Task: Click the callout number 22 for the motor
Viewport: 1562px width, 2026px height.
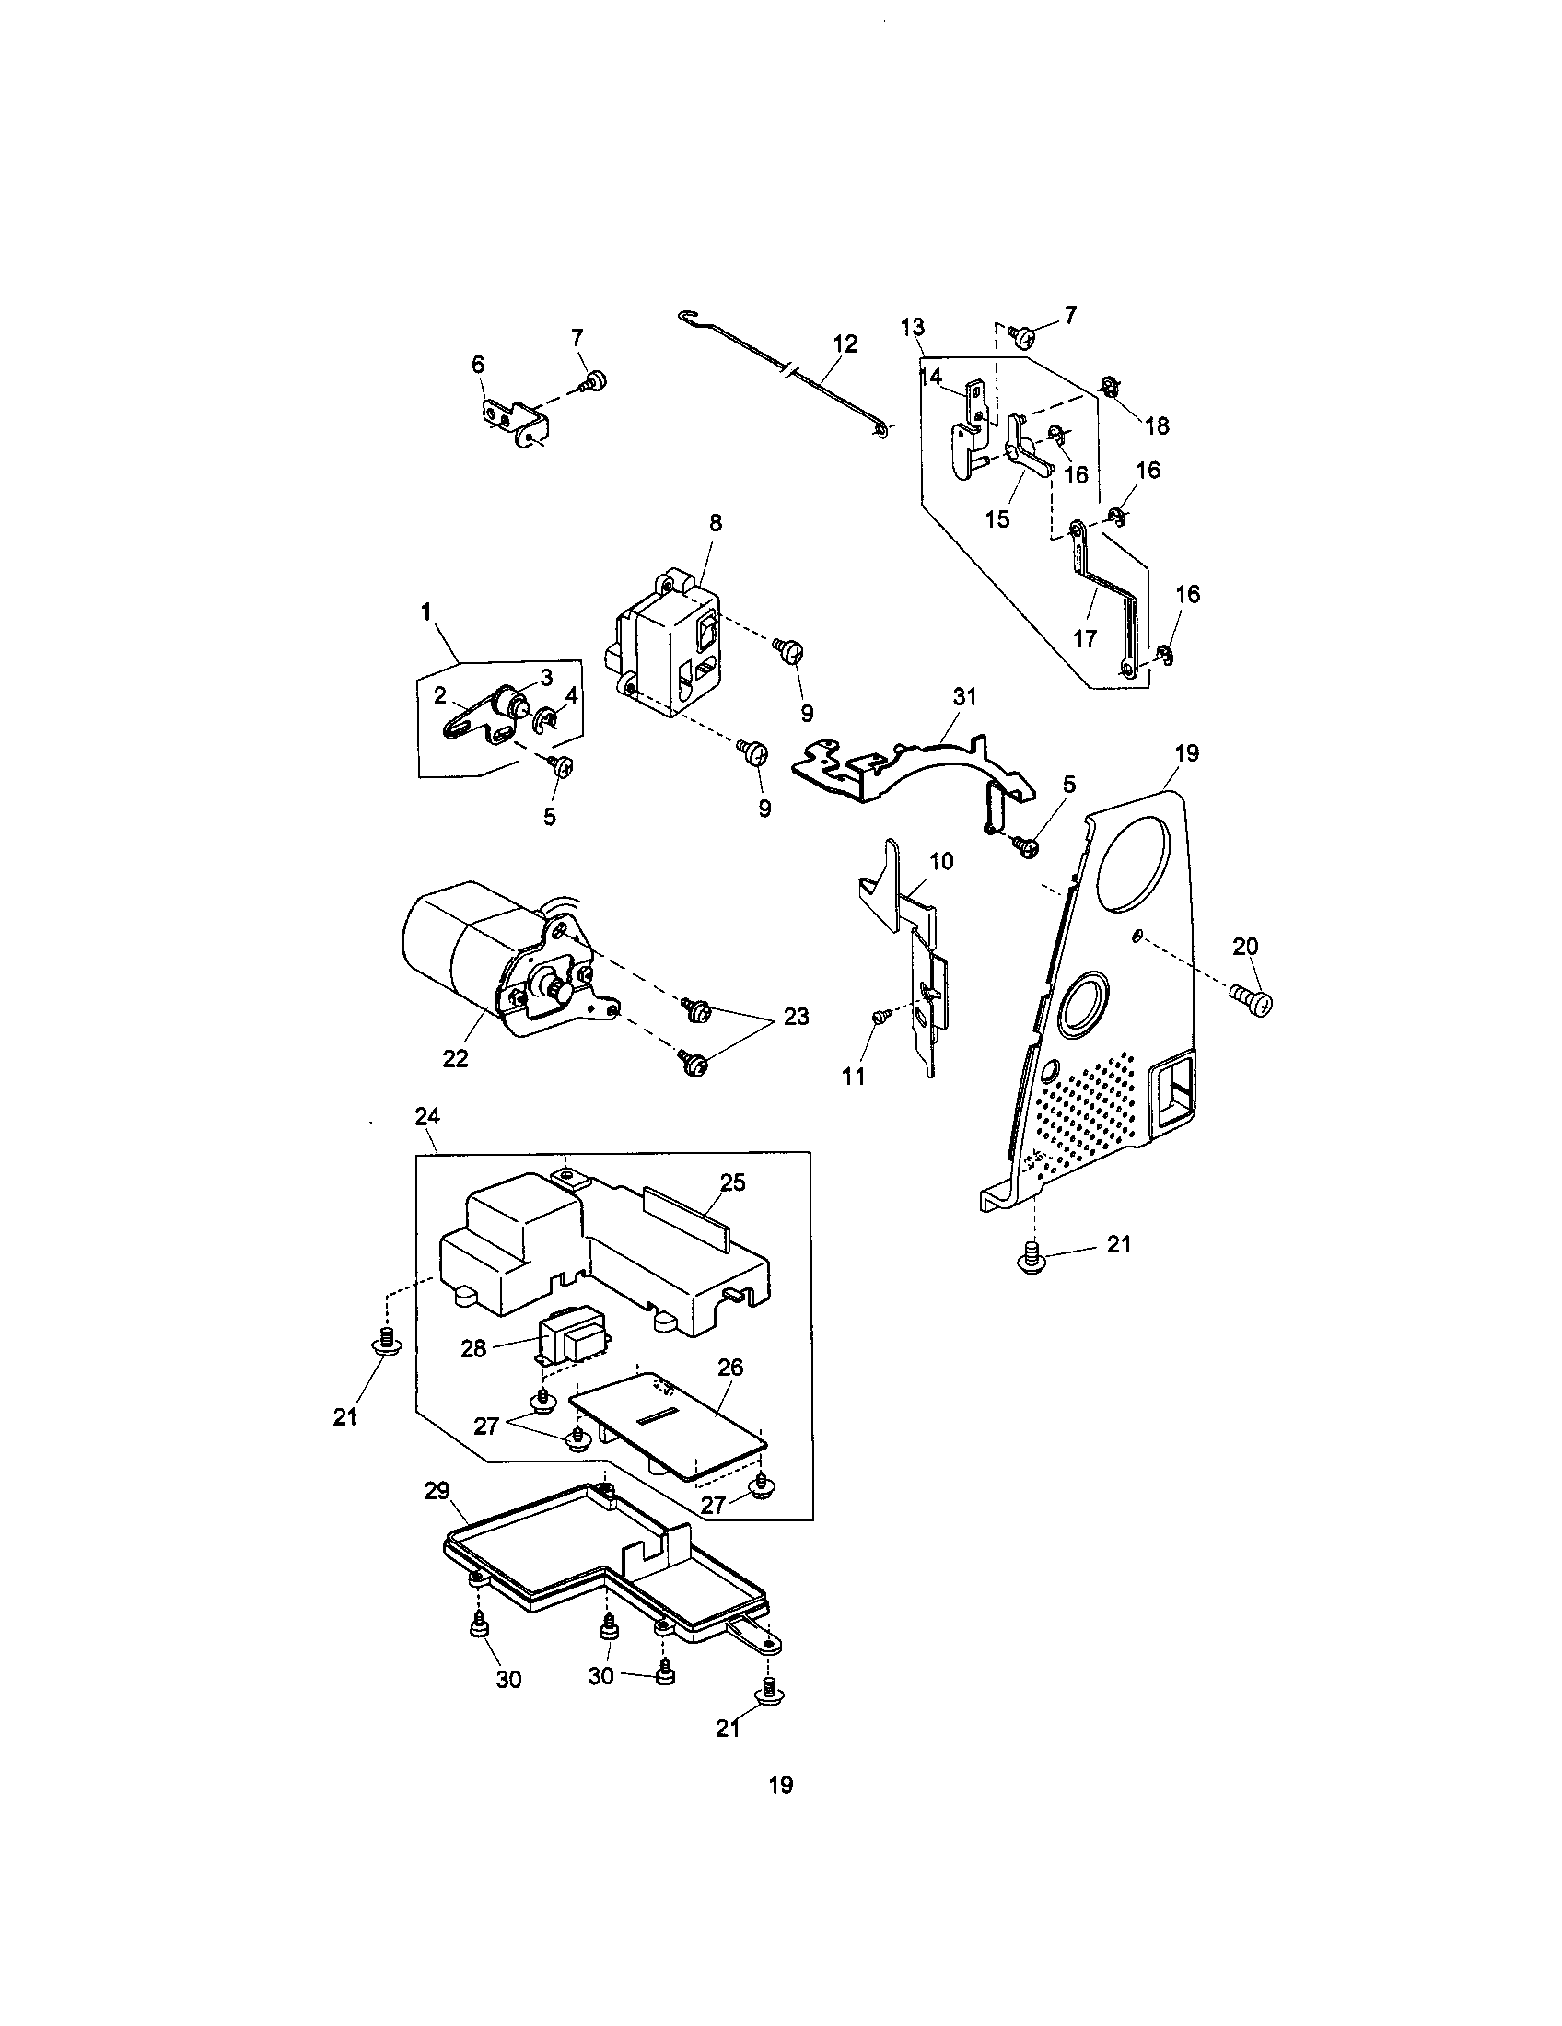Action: pyautogui.click(x=455, y=1057)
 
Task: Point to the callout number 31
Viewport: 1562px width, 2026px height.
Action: pyautogui.click(x=964, y=698)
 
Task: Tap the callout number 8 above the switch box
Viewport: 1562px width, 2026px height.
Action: pyautogui.click(x=715, y=522)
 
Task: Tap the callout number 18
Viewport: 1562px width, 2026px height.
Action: pyautogui.click(x=1157, y=425)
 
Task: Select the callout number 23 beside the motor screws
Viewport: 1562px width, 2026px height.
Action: pyautogui.click(x=796, y=1017)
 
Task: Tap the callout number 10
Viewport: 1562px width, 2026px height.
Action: pyautogui.click(x=940, y=861)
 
